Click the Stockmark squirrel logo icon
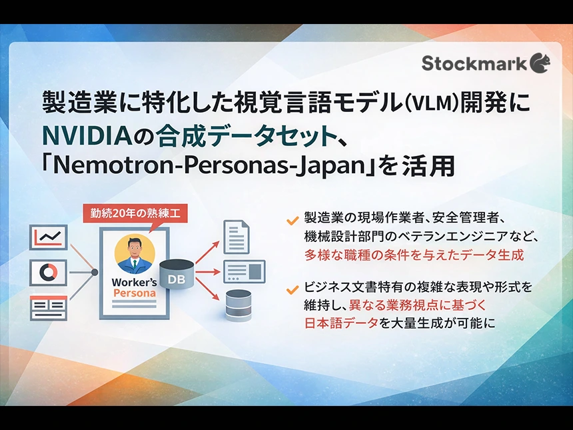tap(540, 63)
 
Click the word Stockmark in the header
tap(475, 63)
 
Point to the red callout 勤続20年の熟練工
tap(135, 214)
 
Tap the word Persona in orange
tap(135, 293)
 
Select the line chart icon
tap(49, 237)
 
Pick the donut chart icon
tap(49, 272)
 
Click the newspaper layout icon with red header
tap(49, 307)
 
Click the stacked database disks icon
tap(238, 305)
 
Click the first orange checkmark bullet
tap(291, 219)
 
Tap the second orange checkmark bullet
tap(291, 289)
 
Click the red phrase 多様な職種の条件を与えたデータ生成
tap(414, 255)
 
